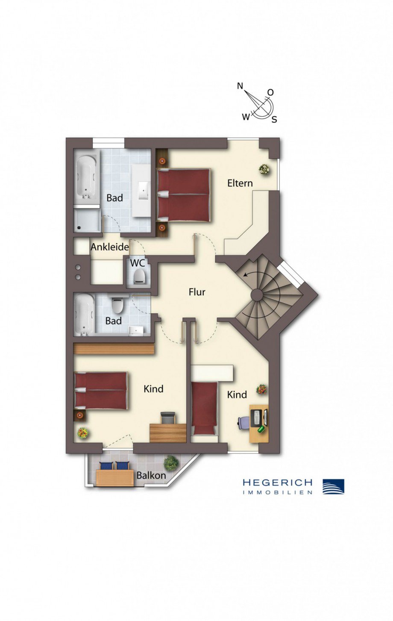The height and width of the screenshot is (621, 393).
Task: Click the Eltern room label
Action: pyautogui.click(x=240, y=183)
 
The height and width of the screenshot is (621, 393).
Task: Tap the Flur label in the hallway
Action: pyautogui.click(x=197, y=292)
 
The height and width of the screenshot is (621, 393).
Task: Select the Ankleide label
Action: pyautogui.click(x=110, y=247)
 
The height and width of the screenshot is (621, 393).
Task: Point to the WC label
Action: pyautogui.click(x=138, y=263)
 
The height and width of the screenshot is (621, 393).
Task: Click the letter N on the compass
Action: pyautogui.click(x=240, y=86)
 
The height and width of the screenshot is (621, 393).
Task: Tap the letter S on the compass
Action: pyautogui.click(x=274, y=120)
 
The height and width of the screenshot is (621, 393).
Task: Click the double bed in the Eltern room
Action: pyautogui.click(x=184, y=195)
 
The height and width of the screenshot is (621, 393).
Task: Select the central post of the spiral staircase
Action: pyautogui.click(x=257, y=294)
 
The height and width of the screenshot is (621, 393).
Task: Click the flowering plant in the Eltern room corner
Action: pyautogui.click(x=264, y=169)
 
